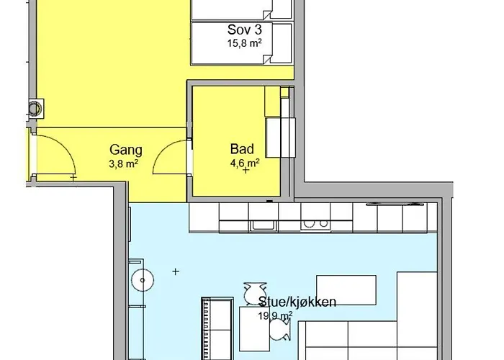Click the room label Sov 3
click(245, 30)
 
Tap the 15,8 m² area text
click(245, 43)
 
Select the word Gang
click(126, 150)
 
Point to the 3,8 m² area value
click(124, 164)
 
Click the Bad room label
click(242, 149)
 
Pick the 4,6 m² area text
click(245, 163)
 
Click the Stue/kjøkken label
click(297, 302)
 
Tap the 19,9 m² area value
click(275, 316)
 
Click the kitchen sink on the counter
click(264, 225)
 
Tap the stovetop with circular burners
click(315, 225)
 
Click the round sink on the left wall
click(143, 280)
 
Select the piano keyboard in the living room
click(205, 328)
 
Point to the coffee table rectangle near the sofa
click(346, 290)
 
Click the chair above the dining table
click(255, 294)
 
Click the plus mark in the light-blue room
click(176, 271)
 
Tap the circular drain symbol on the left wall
click(35, 108)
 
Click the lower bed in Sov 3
click(242, 43)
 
